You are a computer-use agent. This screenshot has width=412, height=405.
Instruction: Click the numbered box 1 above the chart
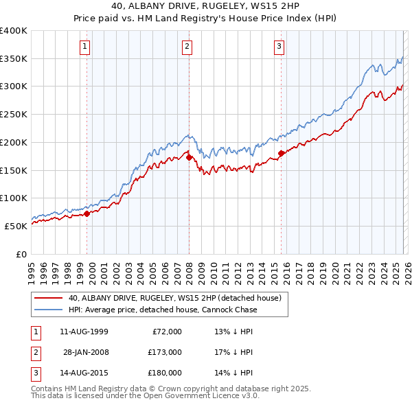(x=84, y=47)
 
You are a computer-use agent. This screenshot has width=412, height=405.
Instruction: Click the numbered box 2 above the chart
(x=187, y=47)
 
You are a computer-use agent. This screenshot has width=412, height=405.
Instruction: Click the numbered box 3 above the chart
(x=279, y=47)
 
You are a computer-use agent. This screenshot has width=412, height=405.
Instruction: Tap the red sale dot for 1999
(x=87, y=213)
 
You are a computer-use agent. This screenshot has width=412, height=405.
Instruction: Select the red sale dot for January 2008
(x=190, y=157)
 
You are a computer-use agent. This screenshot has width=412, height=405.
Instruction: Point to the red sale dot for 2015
(x=281, y=153)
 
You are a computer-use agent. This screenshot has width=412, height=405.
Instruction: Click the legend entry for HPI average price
(x=162, y=310)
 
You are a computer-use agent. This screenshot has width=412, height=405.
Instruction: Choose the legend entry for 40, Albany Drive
(x=174, y=299)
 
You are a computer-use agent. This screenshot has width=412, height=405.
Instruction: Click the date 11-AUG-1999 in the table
(x=84, y=332)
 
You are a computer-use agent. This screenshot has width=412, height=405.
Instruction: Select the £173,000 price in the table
(x=164, y=352)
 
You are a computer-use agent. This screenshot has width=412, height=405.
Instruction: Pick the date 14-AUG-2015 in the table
(x=84, y=373)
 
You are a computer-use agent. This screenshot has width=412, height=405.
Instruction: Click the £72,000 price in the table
(x=167, y=332)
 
